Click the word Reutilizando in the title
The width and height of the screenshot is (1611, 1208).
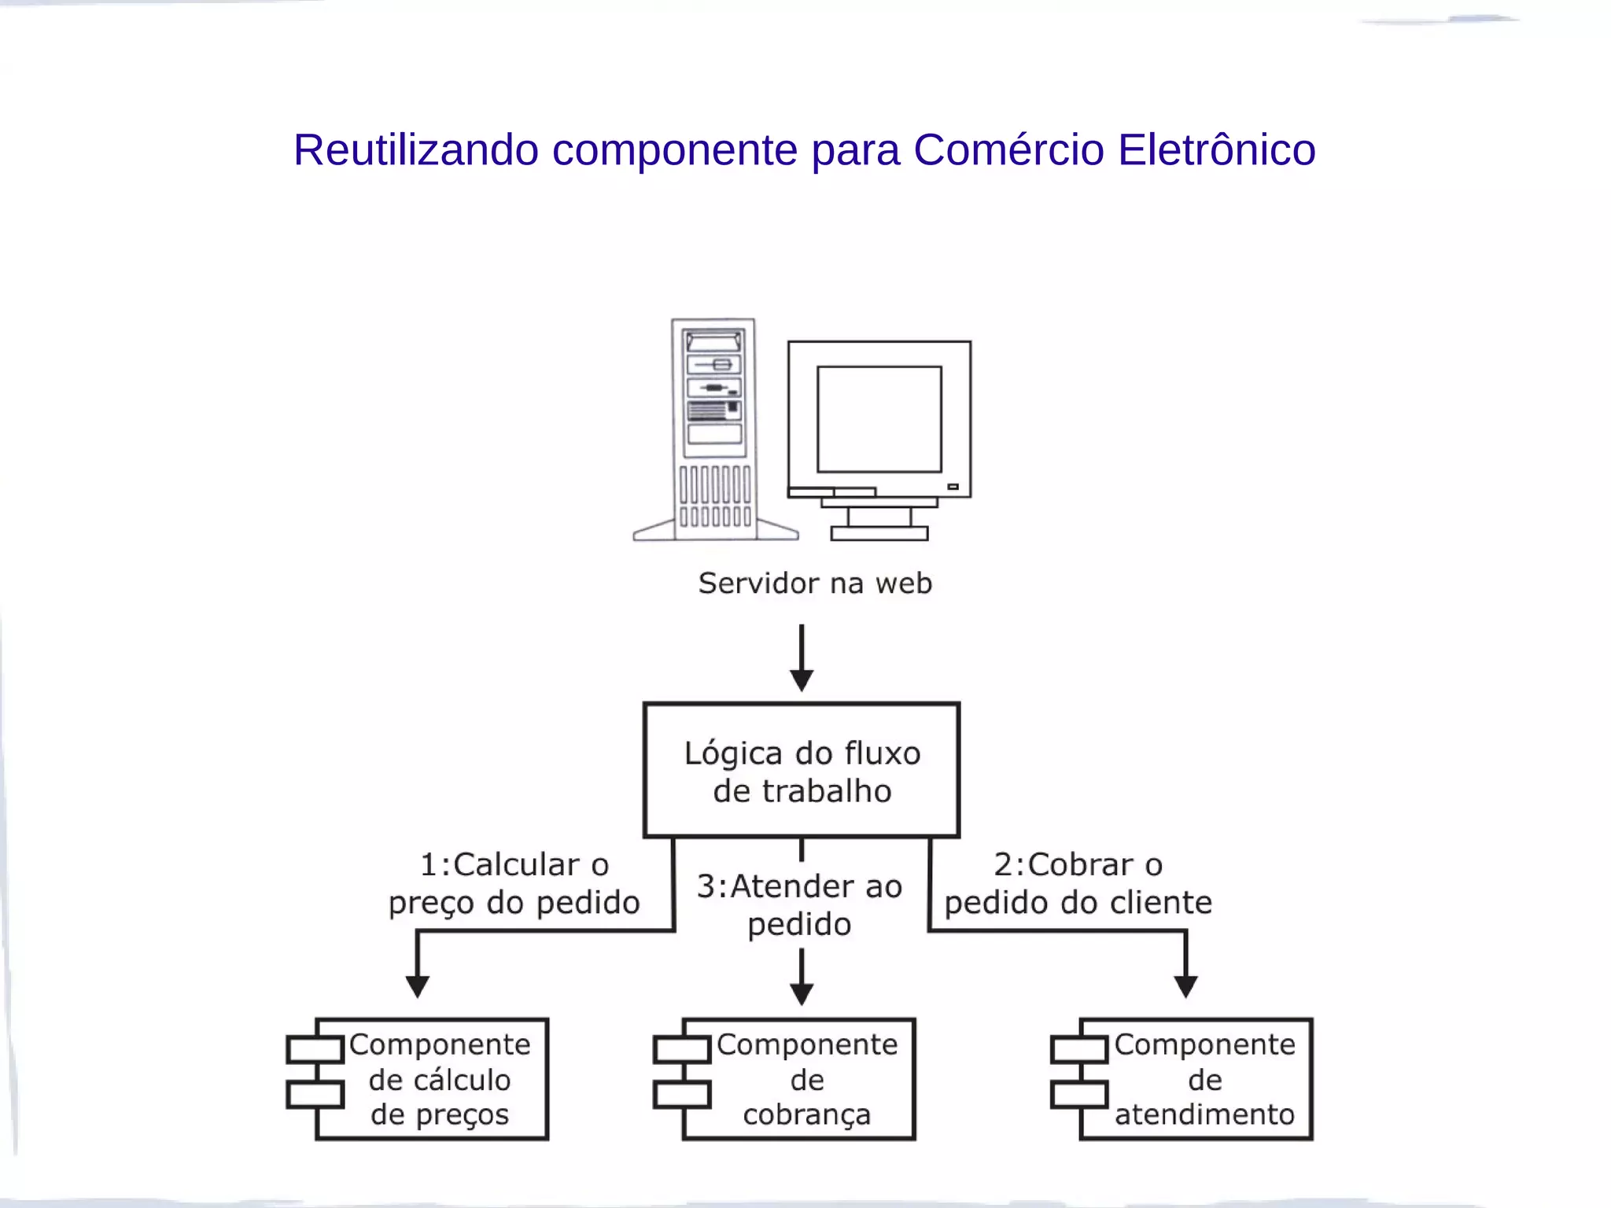click(415, 149)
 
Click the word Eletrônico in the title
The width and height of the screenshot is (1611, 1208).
click(1216, 149)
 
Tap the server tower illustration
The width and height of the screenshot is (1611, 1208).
click(714, 429)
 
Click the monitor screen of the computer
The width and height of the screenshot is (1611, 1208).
click(879, 418)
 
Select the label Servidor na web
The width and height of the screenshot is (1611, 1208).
click(815, 584)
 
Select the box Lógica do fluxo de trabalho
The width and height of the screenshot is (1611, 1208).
click(802, 771)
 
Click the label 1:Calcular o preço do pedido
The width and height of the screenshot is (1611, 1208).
click(514, 883)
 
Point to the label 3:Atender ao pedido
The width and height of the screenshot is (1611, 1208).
click(799, 905)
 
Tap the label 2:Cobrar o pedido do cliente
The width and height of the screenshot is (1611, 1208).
click(1078, 883)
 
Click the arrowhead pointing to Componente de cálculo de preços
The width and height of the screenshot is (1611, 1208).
click(417, 986)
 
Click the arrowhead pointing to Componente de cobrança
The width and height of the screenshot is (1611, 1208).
click(801, 993)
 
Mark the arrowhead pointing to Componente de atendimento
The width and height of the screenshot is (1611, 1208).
click(1185, 986)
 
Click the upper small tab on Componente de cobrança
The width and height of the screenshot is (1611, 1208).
click(681, 1050)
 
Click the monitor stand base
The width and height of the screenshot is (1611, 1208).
click(879, 534)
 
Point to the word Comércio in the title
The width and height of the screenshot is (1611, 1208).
click(1008, 149)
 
